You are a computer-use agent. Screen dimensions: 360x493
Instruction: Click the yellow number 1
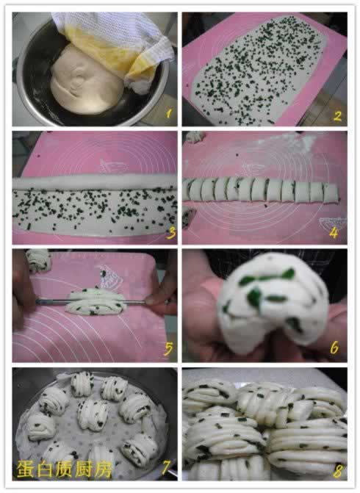168,113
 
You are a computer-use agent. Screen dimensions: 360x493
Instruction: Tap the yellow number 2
337,115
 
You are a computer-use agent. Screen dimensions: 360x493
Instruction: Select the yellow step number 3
172,233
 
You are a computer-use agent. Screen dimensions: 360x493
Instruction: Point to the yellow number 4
334,233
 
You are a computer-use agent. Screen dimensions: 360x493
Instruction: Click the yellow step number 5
168,348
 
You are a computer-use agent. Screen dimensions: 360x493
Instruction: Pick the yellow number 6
334,348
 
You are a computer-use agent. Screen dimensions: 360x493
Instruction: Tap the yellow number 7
166,468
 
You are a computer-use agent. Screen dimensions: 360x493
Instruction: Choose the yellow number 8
338,471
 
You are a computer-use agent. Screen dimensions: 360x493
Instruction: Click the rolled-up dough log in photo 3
94,181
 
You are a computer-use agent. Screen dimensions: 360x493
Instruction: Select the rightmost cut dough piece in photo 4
331,193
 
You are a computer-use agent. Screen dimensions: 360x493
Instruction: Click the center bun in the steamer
93,414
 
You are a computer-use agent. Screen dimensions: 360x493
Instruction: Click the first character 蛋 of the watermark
25,469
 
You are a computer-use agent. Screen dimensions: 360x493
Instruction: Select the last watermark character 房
103,469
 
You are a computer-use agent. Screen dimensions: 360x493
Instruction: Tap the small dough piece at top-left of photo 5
38,259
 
